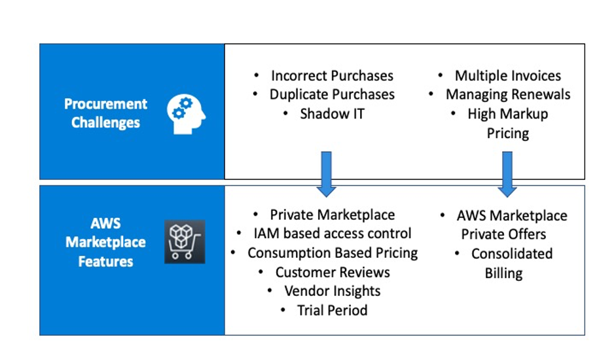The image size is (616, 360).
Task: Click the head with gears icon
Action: pos(186,113)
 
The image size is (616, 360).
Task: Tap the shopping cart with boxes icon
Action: pos(184,242)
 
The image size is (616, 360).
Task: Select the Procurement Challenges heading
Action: pos(105,113)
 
